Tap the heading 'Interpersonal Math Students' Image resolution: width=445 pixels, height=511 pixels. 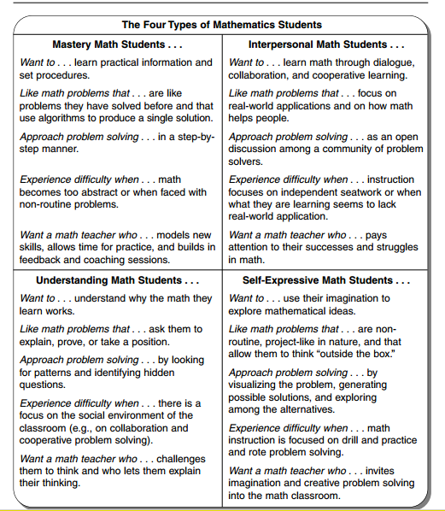pos(325,44)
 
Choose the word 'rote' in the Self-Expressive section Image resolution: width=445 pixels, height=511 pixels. pos(259,452)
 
